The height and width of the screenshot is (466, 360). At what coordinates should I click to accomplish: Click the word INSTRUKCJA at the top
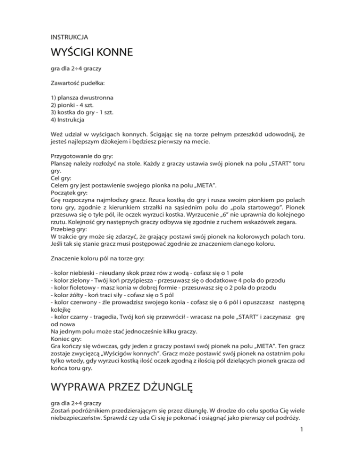(x=69, y=36)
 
